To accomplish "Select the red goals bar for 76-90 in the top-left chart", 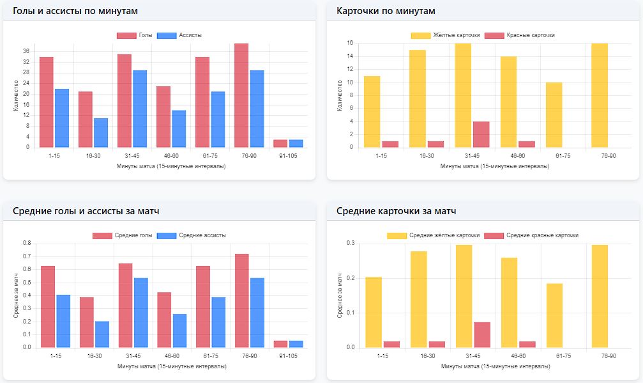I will pos(241,95).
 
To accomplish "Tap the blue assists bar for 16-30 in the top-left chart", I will pos(101,133).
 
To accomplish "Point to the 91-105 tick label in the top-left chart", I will pos(288,155).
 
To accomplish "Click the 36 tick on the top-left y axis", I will pos(26,51).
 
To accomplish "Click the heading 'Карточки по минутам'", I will pos(386,12).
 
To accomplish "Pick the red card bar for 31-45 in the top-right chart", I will pos(481,134).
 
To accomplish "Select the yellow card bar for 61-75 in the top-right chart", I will pos(554,115).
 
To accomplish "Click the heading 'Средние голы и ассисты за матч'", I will pos(86,211).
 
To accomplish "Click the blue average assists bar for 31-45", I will pos(140,313).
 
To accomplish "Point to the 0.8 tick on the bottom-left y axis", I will pos(26,243).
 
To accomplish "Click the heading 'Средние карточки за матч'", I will pos(396,211).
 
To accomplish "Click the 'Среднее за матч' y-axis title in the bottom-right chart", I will pos(340,296).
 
